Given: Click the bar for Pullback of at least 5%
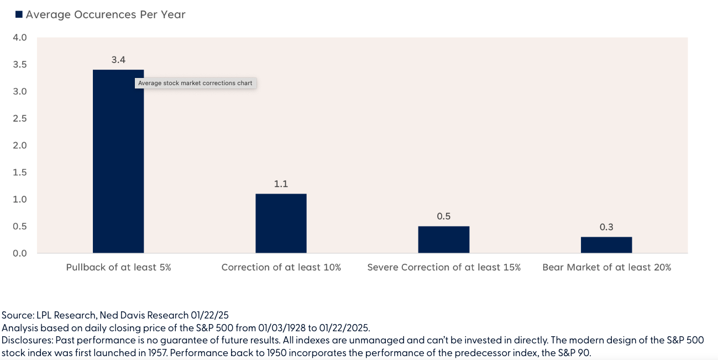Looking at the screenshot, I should pos(118,166).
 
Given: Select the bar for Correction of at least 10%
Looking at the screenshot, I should pos(281,223).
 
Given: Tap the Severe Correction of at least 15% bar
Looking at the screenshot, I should pos(443,239).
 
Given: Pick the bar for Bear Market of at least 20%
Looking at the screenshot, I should pos(606,245).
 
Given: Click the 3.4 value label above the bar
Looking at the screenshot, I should pos(118,60).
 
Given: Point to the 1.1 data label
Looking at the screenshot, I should pos(281,184).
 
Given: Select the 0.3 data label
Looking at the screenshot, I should pos(606,227).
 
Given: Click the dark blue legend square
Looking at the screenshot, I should pos(19,15).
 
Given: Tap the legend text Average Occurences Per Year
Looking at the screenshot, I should pos(105,15).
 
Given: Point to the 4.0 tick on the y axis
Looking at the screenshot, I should pos(20,38).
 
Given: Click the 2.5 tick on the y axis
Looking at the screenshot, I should pos(20,118).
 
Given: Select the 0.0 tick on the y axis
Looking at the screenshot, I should pos(20,253).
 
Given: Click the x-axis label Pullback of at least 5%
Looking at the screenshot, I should pos(118,267).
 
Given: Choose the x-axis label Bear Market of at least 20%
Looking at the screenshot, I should pos(606,267).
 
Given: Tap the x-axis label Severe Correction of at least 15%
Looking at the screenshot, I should pos(444,267).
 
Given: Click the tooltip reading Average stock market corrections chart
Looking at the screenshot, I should pos(195,84).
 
